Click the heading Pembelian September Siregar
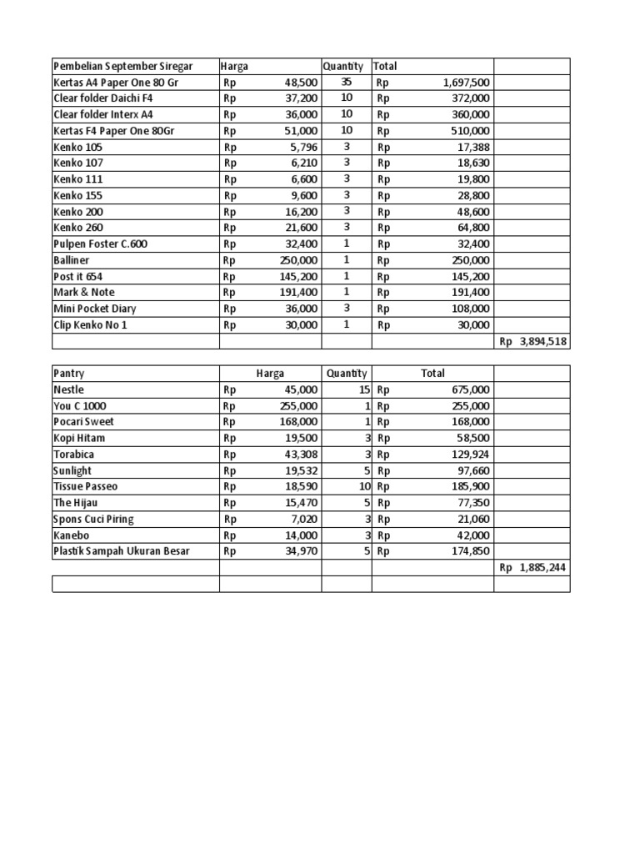click(122, 66)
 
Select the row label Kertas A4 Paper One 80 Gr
click(116, 83)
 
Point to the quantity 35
click(347, 82)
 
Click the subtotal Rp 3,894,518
click(533, 342)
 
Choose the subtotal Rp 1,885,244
click(533, 567)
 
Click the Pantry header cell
click(68, 374)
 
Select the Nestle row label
click(68, 389)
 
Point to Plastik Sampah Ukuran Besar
click(122, 551)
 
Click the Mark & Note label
click(84, 293)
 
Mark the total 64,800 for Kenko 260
click(473, 228)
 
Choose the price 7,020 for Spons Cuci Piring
click(303, 519)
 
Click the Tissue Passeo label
click(86, 486)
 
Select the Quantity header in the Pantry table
click(347, 374)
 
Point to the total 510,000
click(471, 131)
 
